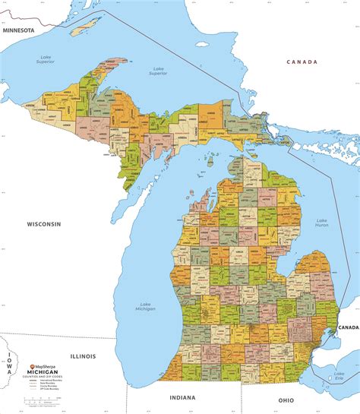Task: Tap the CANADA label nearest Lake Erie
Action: tap(347, 327)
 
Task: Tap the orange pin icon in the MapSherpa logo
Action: tap(32, 366)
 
